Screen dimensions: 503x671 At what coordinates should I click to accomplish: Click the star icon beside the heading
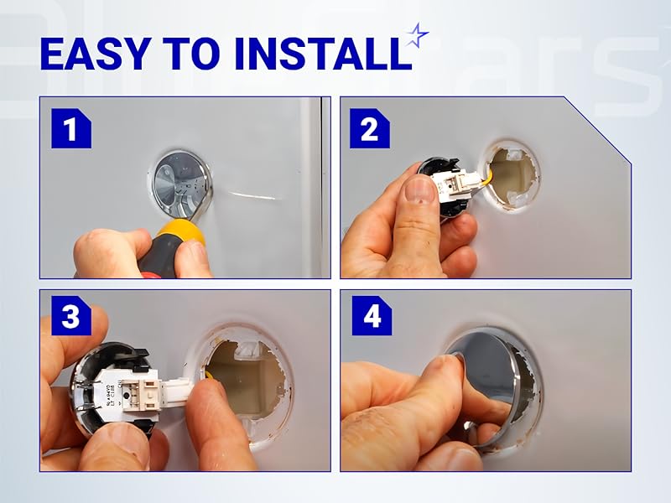pos(417,35)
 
